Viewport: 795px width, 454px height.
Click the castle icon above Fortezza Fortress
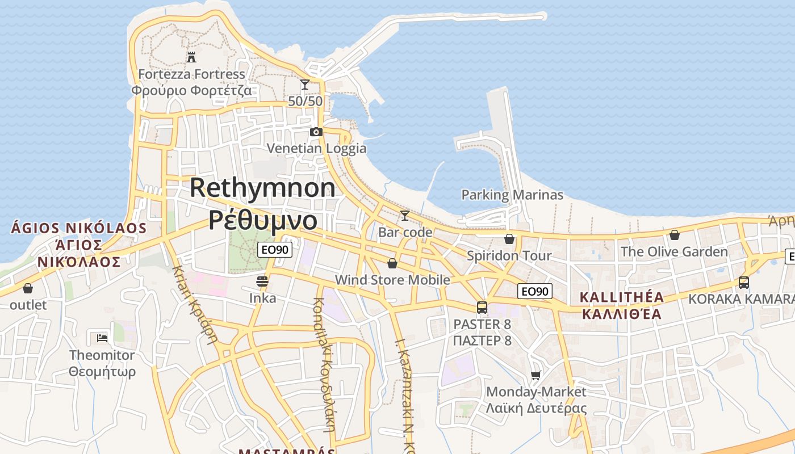(191, 57)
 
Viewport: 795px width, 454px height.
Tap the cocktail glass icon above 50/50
(305, 85)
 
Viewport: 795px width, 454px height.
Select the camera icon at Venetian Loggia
(316, 132)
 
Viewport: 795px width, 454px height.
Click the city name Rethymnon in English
(262, 188)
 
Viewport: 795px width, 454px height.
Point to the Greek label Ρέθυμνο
(262, 220)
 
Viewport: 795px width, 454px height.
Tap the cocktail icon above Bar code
(405, 216)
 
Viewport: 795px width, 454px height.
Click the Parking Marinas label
(512, 195)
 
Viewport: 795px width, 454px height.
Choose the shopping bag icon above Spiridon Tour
(509, 239)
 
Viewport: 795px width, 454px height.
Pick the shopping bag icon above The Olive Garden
(675, 235)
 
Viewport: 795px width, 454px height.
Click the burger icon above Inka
(262, 281)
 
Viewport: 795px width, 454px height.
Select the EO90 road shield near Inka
(275, 250)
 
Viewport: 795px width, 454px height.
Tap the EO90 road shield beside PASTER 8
(535, 292)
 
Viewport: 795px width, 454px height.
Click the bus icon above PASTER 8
(482, 308)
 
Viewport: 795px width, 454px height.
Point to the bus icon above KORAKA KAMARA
(744, 283)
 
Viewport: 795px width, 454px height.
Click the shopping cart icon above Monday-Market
(535, 375)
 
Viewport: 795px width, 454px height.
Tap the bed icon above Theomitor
(102, 338)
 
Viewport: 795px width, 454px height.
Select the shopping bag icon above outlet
(28, 288)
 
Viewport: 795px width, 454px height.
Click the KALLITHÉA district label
(622, 297)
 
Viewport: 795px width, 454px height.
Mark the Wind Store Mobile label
(392, 280)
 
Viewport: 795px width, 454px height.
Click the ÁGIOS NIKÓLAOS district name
(79, 229)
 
